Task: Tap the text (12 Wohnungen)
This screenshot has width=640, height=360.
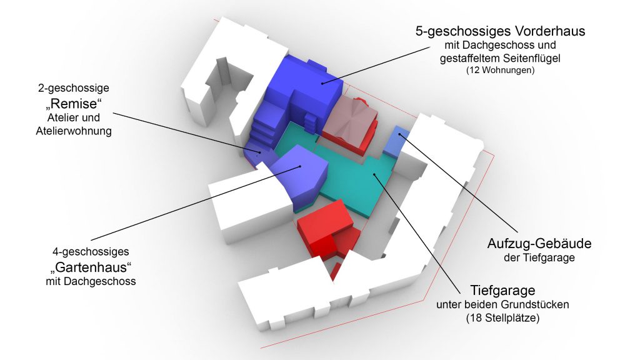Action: tap(500, 70)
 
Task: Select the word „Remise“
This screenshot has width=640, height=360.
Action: tap(74, 104)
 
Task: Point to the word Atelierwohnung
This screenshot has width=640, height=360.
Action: tap(74, 131)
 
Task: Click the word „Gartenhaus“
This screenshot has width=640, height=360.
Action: tap(91, 267)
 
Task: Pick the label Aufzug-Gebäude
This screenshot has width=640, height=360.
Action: tap(539, 244)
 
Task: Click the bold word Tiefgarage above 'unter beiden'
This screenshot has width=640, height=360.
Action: tap(502, 290)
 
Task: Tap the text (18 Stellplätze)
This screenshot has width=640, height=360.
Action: tap(502, 318)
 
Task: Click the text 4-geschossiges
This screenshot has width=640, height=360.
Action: tap(90, 252)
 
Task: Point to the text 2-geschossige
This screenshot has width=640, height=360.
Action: tap(74, 88)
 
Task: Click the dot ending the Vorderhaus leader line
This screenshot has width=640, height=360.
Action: tap(322, 83)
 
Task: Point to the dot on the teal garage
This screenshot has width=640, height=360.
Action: tap(374, 174)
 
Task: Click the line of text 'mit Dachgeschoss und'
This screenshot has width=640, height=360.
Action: tap(500, 45)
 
